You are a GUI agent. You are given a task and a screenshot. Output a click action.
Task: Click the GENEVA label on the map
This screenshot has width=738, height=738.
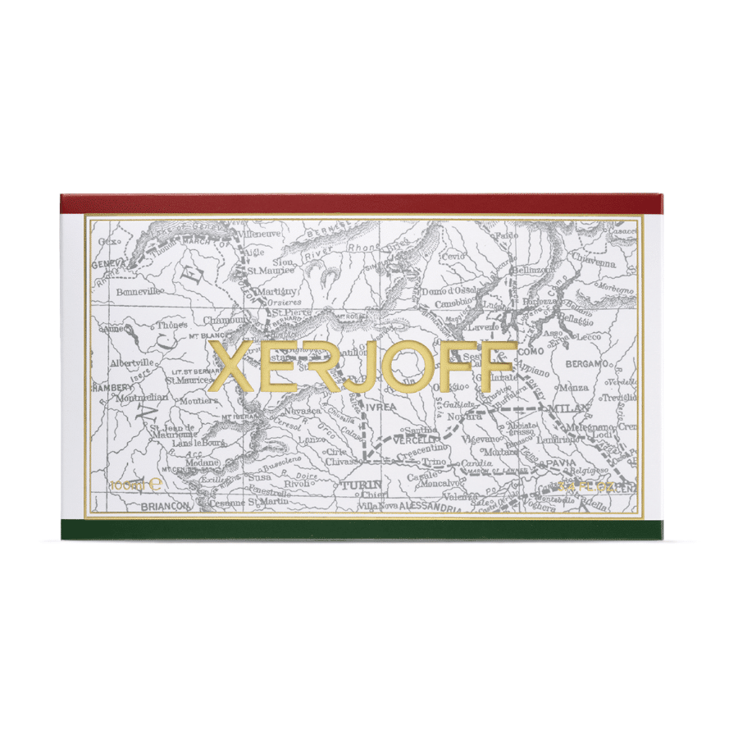pos(107,264)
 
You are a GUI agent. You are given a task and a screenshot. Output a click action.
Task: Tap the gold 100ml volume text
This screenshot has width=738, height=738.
pos(129,485)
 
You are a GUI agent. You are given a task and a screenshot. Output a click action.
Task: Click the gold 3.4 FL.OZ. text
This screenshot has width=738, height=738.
pos(585,485)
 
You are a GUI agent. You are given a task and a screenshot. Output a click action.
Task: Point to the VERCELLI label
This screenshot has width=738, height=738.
pos(412,439)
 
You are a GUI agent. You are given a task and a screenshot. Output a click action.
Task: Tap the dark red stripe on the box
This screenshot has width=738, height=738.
pos(361,204)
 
